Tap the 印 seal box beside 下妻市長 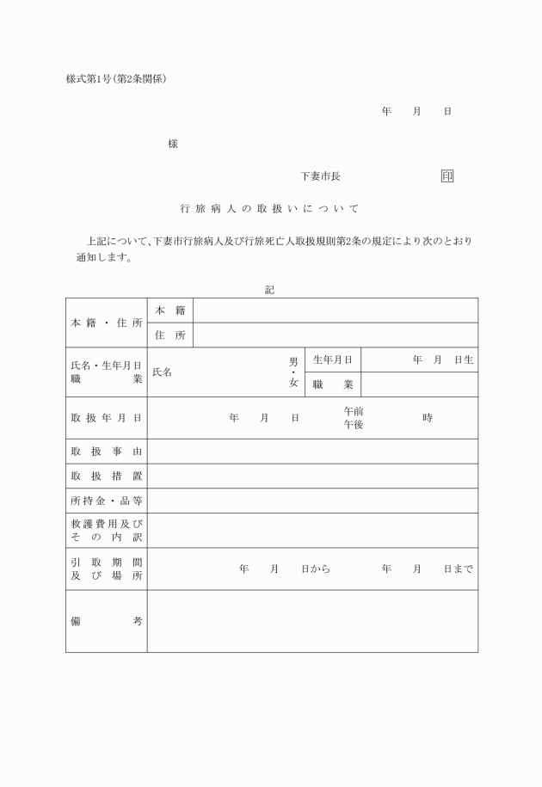(x=447, y=176)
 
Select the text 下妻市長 (x=320, y=176)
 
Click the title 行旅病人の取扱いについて (x=269, y=208)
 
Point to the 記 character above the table (x=269, y=290)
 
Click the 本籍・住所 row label (x=106, y=323)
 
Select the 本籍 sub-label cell (x=169, y=310)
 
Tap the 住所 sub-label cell (x=169, y=335)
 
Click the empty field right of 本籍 (x=336, y=310)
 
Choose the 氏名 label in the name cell (x=162, y=372)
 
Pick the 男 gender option (x=293, y=361)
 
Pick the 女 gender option (x=293, y=384)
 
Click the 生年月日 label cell (x=332, y=360)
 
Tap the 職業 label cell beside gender (x=332, y=384)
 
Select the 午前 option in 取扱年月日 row (x=354, y=412)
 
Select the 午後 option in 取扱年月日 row (x=354, y=424)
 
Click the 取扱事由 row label (x=106, y=451)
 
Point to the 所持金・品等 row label (x=106, y=501)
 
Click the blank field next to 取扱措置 (x=312, y=476)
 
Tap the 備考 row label (x=106, y=621)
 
